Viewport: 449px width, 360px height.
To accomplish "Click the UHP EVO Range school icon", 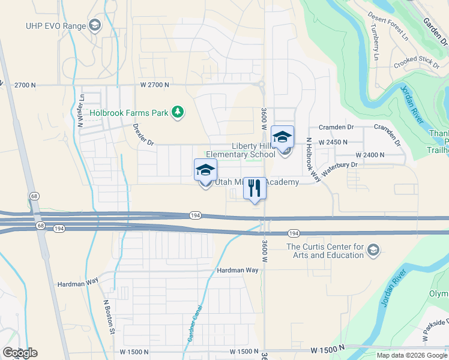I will (x=94, y=25).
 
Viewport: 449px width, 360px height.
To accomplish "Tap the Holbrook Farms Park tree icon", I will (x=177, y=112).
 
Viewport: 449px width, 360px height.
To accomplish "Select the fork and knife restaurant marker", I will (x=255, y=188).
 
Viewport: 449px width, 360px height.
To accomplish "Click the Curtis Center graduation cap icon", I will (x=373, y=250).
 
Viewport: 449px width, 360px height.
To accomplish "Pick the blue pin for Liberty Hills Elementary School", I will (x=283, y=138).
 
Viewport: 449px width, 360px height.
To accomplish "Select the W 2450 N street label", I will (x=334, y=142).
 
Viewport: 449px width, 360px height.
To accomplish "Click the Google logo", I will (x=20, y=353).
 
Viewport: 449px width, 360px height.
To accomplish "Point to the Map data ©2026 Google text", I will (x=411, y=355).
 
